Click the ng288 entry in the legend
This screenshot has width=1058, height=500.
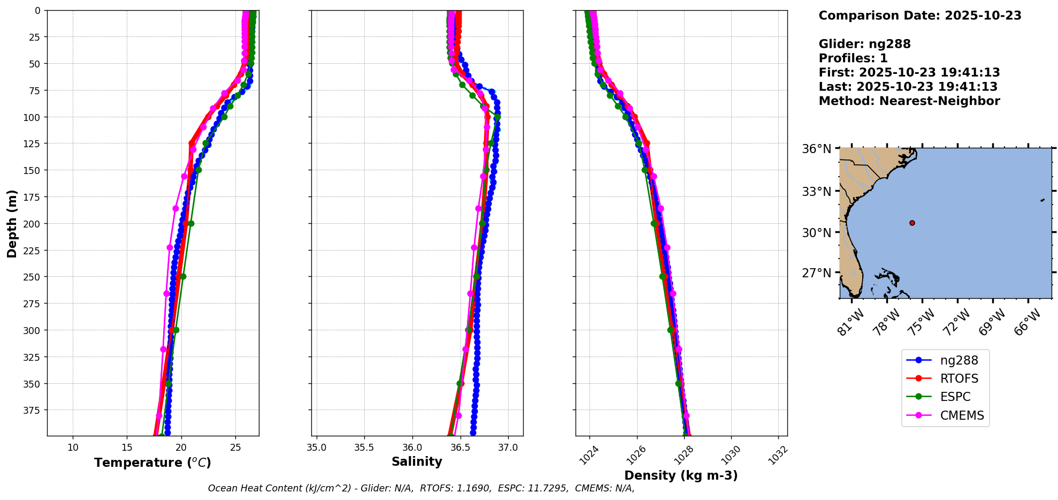[x=959, y=361]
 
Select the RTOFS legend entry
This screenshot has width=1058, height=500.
[x=959, y=379]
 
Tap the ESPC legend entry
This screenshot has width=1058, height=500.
[x=955, y=397]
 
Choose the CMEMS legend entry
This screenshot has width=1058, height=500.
[x=962, y=415]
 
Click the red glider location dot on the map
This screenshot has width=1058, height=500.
[x=912, y=223]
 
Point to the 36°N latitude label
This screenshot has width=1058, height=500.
[x=816, y=149]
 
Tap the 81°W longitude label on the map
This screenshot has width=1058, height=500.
[x=850, y=323]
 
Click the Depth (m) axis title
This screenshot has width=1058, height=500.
[x=12, y=223]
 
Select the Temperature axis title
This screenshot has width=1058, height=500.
[x=152, y=463]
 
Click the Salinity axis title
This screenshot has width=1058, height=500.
[x=417, y=462]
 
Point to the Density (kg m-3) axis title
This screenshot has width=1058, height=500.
[x=681, y=475]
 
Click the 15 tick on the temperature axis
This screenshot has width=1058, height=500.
[x=127, y=448]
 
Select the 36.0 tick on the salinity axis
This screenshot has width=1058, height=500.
[x=412, y=448]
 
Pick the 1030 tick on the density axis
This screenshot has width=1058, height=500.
[x=731, y=455]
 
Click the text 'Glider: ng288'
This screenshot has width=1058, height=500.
[x=864, y=44]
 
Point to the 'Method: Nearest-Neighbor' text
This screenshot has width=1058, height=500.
[x=909, y=101]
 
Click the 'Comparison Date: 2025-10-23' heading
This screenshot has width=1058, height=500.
[x=919, y=16]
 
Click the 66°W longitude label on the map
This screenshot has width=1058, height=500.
[x=1027, y=323]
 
